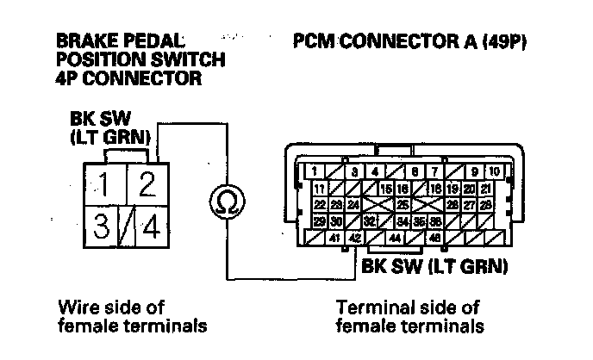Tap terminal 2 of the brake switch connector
147,185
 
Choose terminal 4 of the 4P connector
151,228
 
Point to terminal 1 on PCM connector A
316,171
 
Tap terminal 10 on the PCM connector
496,171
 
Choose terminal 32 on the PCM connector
370,220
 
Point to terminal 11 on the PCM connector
318,188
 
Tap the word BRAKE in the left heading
83,40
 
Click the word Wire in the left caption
75,307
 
